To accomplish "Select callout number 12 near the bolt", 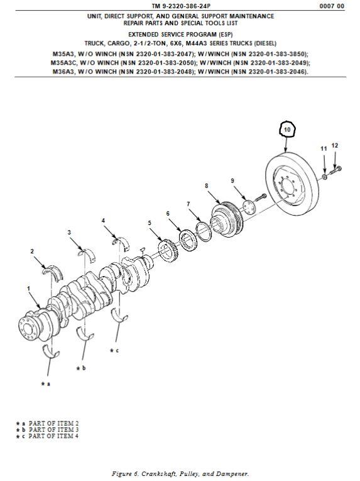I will pos(335,145).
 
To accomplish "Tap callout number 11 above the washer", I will pos(324,149).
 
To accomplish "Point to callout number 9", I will pos(232,180).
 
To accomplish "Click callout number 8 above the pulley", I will pos(206,185).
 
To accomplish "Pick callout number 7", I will pos(188,204).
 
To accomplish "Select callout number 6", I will pos(168,214).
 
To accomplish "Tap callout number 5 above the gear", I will pos(150,223).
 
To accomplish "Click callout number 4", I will pos(104,220).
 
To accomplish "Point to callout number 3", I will pos(69,233).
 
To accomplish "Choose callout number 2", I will pos(32,251).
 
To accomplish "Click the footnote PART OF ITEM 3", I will pos(51,429).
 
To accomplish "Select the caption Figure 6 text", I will pos(180,473).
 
